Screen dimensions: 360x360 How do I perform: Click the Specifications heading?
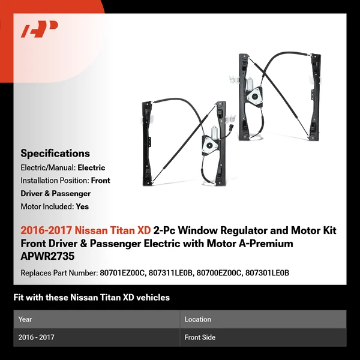pos(55,154)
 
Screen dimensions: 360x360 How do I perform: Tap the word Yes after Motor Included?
pos(82,206)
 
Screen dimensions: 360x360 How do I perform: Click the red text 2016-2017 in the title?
pos(46,230)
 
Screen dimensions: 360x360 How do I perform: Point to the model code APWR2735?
pos(46,256)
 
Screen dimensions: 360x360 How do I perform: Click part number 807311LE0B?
pos(173,272)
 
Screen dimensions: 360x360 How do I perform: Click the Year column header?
pos(25,319)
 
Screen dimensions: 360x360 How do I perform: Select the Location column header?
pos(197,319)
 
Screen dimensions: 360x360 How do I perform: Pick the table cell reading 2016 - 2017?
pos(36,337)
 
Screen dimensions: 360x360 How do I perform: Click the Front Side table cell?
pos(200,337)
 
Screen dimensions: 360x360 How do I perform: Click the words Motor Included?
pos(47,206)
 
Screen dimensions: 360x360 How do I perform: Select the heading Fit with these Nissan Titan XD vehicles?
pos(91,297)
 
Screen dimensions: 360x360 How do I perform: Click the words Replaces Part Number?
pos(57,272)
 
